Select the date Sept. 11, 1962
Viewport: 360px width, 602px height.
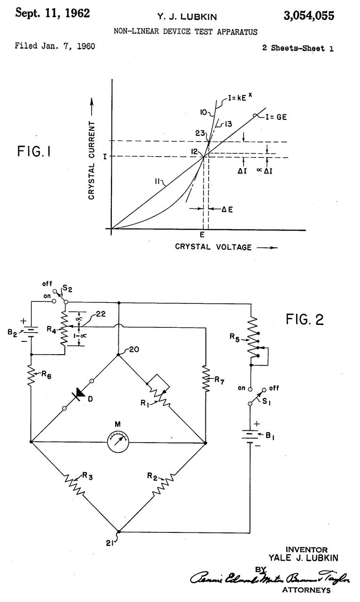52,13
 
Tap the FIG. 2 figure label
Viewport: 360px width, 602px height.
305,320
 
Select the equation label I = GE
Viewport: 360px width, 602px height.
275,117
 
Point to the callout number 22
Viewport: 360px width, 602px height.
101,314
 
